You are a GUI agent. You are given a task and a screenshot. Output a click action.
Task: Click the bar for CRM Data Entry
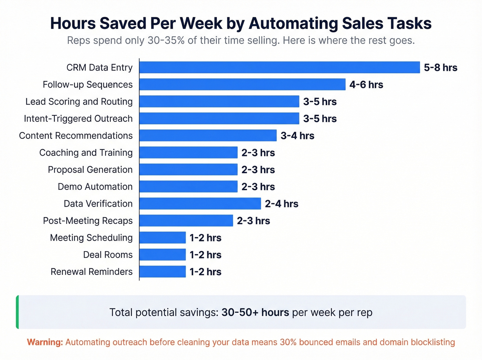280,68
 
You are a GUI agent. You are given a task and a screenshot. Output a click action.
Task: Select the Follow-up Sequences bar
242,84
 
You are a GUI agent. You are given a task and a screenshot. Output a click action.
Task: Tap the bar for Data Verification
200,204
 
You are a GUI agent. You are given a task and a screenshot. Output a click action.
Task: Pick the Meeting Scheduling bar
163,238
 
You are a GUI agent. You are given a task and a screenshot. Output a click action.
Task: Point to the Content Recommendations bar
208,135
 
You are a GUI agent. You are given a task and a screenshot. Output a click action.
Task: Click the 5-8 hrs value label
440,68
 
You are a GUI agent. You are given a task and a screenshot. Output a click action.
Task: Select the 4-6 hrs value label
366,84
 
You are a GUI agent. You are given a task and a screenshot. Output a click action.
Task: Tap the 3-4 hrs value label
297,135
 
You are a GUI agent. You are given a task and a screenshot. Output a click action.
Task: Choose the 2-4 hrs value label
281,204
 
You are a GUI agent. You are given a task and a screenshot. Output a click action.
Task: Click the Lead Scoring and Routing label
79,102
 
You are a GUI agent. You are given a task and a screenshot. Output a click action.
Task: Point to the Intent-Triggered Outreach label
78,119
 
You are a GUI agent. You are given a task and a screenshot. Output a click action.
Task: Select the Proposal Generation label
90,169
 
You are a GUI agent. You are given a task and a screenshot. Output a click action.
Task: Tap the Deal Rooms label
108,255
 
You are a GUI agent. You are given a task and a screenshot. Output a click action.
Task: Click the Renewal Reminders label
92,272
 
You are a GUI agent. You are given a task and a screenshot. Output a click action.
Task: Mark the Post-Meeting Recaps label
88,220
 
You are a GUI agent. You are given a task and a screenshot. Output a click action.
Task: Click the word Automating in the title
293,23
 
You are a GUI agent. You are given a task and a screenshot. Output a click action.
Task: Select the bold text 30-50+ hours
255,312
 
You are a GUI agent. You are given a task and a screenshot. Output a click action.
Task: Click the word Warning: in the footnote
45,342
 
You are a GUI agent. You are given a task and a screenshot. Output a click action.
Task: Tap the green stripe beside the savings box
18,312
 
